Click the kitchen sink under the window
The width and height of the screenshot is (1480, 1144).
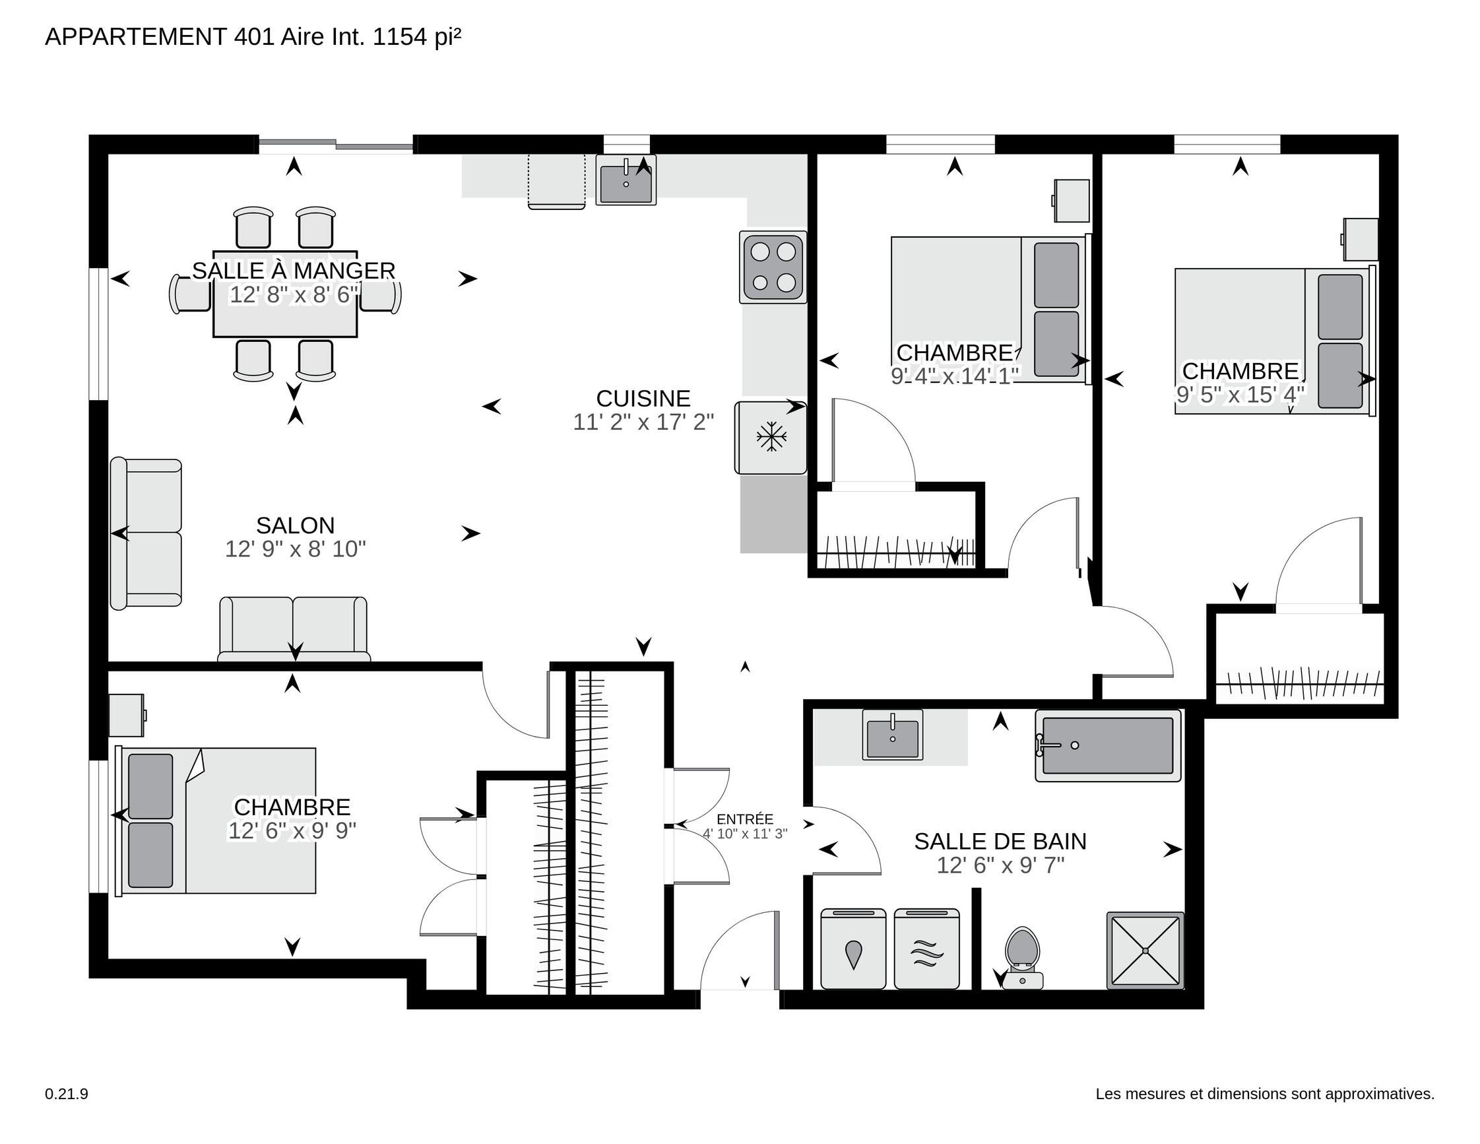pos(626,180)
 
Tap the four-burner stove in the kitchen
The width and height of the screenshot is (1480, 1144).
pos(773,267)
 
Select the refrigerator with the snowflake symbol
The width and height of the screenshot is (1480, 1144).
pos(771,438)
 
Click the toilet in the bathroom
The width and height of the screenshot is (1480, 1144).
pos(1022,958)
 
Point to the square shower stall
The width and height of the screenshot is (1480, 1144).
pos(1145,950)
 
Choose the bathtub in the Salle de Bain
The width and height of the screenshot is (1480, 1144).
pos(1108,745)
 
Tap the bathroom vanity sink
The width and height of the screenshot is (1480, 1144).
pos(893,735)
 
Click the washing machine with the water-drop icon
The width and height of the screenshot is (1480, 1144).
pos(853,949)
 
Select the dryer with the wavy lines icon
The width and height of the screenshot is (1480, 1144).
pos(926,949)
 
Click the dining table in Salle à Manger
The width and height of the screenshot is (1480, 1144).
pos(285,293)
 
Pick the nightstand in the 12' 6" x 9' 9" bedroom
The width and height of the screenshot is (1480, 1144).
pos(127,715)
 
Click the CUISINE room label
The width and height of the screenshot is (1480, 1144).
pos(643,398)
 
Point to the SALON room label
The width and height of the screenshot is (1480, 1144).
pos(296,525)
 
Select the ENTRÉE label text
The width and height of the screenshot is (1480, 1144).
pos(745,819)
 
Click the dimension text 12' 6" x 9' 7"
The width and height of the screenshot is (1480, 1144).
pos(1000,865)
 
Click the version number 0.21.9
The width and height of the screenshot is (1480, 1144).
pos(67,1094)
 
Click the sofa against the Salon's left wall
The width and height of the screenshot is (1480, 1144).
pos(146,533)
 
